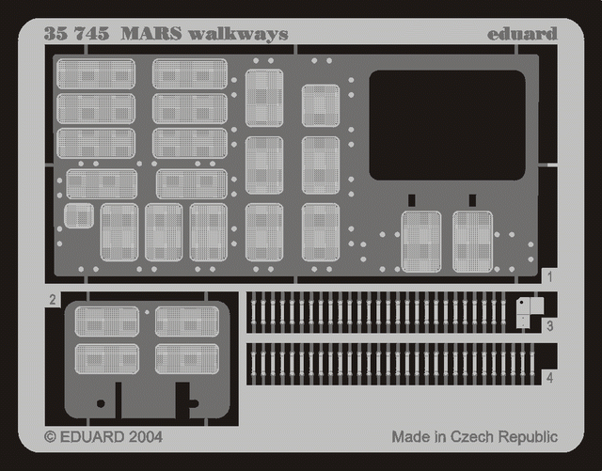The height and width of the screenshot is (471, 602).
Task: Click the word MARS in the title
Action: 151,34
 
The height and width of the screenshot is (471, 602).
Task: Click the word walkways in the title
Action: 238,34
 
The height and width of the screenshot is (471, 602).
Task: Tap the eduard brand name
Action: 522,34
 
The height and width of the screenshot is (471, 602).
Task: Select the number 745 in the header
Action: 92,34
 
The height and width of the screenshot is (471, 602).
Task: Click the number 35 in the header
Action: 55,34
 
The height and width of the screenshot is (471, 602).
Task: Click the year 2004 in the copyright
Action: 146,437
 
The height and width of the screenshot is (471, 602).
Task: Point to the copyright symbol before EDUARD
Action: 50,437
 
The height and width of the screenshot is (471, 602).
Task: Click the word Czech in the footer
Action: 472,437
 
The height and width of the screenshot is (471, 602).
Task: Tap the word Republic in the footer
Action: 528,437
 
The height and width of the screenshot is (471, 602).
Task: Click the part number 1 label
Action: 549,276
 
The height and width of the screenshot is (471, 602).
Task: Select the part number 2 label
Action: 53,299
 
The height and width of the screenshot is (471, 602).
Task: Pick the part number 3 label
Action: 549,326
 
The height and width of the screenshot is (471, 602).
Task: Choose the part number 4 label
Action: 549,378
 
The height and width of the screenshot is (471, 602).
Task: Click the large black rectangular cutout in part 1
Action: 448,125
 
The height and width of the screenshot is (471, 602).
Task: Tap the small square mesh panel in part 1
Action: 79,215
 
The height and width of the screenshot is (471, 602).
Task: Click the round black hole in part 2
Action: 101,403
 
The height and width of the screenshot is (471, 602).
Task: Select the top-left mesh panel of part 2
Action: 106,322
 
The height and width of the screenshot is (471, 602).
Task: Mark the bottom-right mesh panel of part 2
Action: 187,359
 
